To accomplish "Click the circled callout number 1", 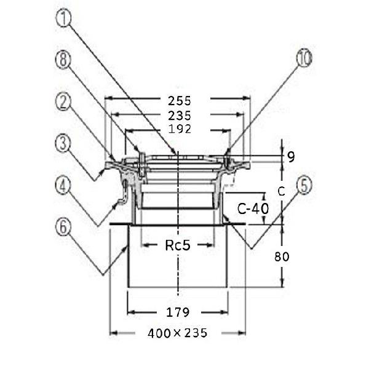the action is (63, 17).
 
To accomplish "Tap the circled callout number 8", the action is (63, 60).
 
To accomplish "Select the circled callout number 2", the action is (63, 101).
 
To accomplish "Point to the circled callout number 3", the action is (63, 143).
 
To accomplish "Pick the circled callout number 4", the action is (63, 186).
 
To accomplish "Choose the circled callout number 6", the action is (63, 227).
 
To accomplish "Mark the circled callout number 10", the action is (304, 58).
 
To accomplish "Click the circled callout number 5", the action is (304, 185).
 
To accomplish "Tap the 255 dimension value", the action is (180, 101).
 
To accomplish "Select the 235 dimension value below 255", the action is (180, 116).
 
